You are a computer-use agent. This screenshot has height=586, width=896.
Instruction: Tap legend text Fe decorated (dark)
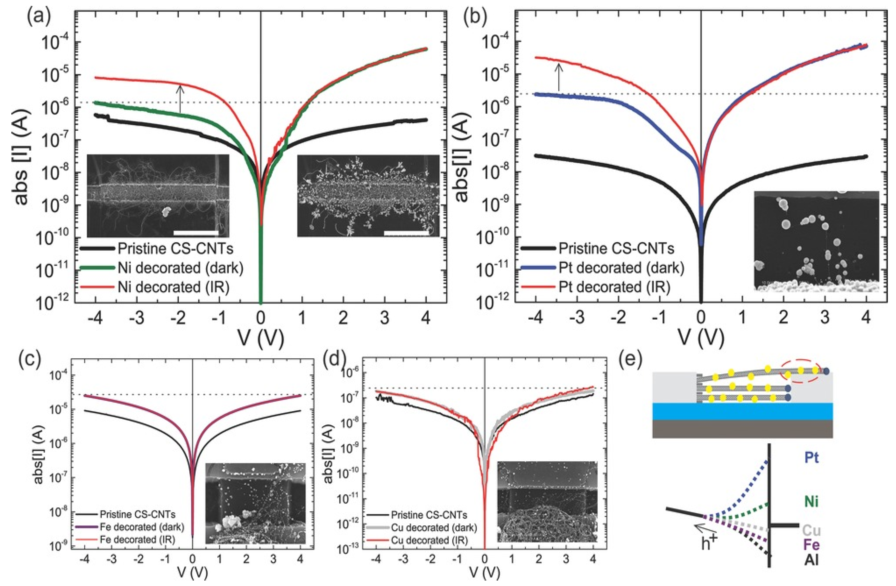(x=142, y=527)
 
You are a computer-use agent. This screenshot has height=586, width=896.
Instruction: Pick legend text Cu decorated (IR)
(x=429, y=540)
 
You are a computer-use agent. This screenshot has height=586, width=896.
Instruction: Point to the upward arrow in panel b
(x=559, y=77)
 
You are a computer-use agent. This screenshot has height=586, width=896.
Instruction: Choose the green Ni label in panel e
(x=811, y=502)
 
